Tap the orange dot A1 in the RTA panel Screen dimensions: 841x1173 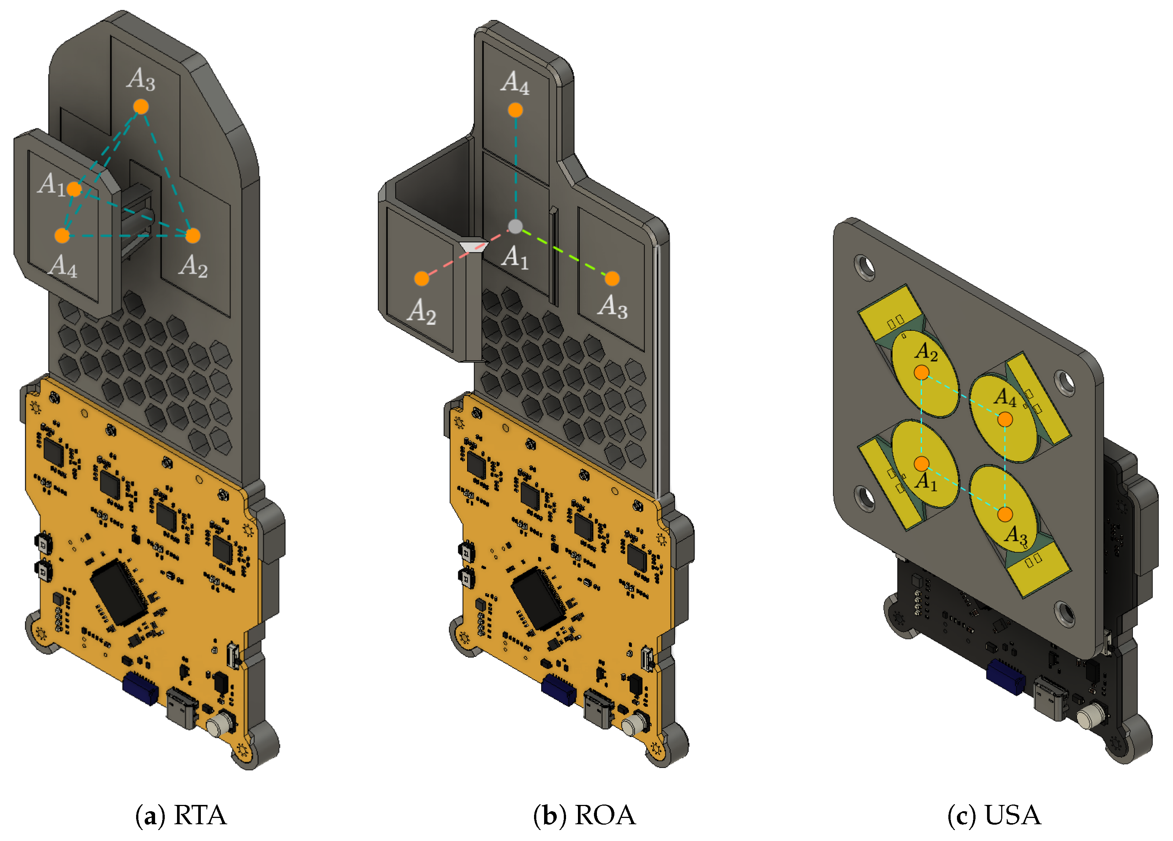tap(74, 189)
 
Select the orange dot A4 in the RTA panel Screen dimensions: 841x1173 tap(62, 236)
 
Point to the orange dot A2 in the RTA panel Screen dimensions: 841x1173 tap(192, 236)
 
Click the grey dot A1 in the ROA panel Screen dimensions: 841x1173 tap(515, 226)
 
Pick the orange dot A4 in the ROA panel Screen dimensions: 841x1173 tap(515, 110)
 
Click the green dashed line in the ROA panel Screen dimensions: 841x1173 tap(564, 253)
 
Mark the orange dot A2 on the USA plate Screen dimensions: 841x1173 tap(921, 372)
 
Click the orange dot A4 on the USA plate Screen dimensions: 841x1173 tap(1005, 419)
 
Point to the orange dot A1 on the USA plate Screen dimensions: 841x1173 tap(921, 463)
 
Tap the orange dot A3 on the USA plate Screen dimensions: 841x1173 tap(1005, 514)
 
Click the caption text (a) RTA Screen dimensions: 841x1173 tap(181, 816)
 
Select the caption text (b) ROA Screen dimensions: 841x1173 tap(584, 816)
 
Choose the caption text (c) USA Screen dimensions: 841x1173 tap(994, 816)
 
